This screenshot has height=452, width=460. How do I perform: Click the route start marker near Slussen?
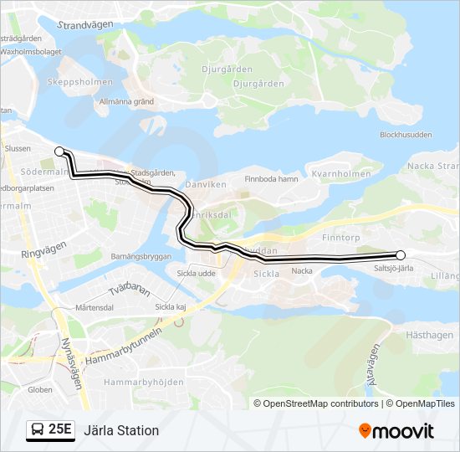59,152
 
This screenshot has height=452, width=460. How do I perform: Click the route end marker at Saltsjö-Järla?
401,255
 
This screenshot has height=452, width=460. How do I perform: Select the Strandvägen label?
84,25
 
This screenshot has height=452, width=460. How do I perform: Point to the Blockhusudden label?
406,135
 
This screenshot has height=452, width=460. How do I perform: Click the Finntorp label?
340,238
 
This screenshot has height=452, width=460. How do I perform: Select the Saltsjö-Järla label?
395,268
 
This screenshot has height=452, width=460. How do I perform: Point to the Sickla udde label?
197,273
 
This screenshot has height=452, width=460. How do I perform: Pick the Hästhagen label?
427,333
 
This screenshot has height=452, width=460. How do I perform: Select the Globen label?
39,389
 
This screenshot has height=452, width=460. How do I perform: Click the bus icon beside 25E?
38,430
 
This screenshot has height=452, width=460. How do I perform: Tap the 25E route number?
60,430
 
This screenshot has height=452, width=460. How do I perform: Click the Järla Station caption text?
120,431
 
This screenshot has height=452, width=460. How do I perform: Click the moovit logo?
396,431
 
